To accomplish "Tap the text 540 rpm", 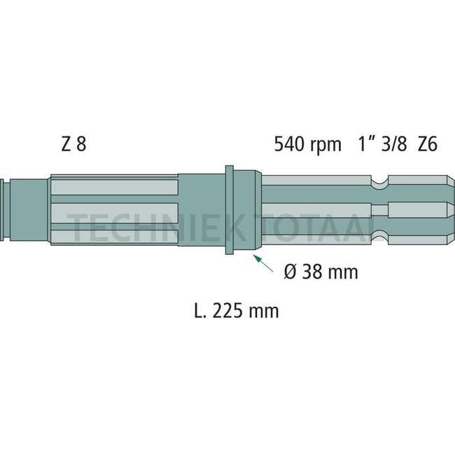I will coord(307,146).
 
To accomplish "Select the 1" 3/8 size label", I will coord(381,146).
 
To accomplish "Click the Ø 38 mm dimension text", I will coord(321,271).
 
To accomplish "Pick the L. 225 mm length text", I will coord(235,310).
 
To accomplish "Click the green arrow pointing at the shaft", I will coord(262,265).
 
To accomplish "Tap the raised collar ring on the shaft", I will coord(229,211).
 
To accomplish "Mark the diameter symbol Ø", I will coord(291,271).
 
